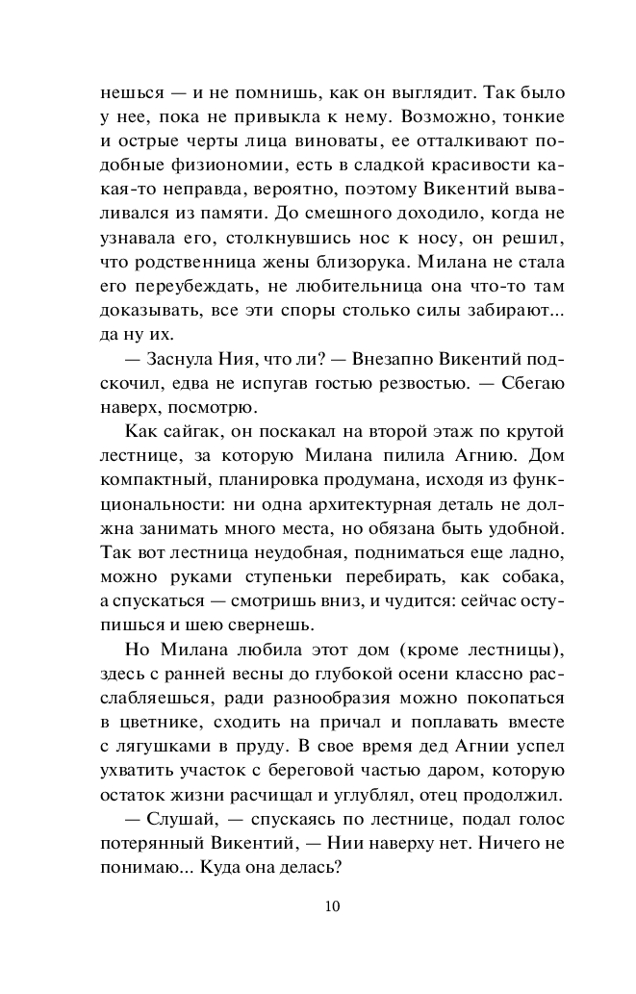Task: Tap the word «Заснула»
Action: coord(184,359)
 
